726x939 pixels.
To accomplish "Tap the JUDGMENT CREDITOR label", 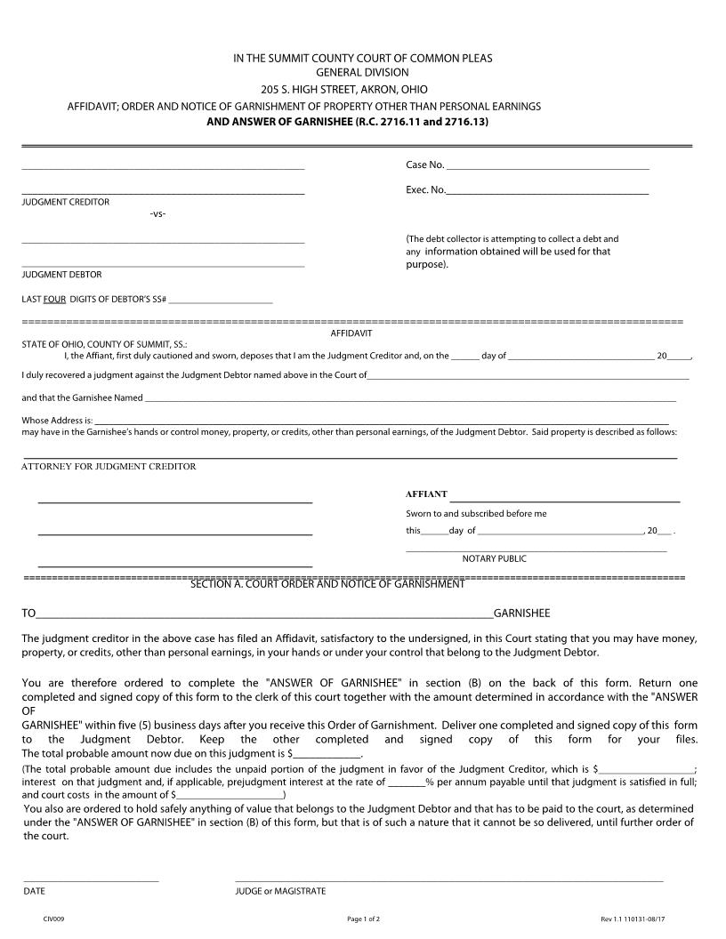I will [x=65, y=202].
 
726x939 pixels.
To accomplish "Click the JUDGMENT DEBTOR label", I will [x=61, y=275].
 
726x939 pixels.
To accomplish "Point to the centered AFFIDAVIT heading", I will [x=351, y=333].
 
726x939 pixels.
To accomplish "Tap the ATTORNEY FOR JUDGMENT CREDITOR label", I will [x=109, y=466].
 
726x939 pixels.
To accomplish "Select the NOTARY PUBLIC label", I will [x=494, y=558].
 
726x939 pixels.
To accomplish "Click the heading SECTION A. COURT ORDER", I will [x=327, y=584].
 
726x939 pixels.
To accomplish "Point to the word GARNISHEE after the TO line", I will [x=521, y=614].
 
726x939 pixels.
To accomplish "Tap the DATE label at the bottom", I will [x=34, y=890].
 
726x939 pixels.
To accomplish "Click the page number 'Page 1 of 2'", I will [x=363, y=919].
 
